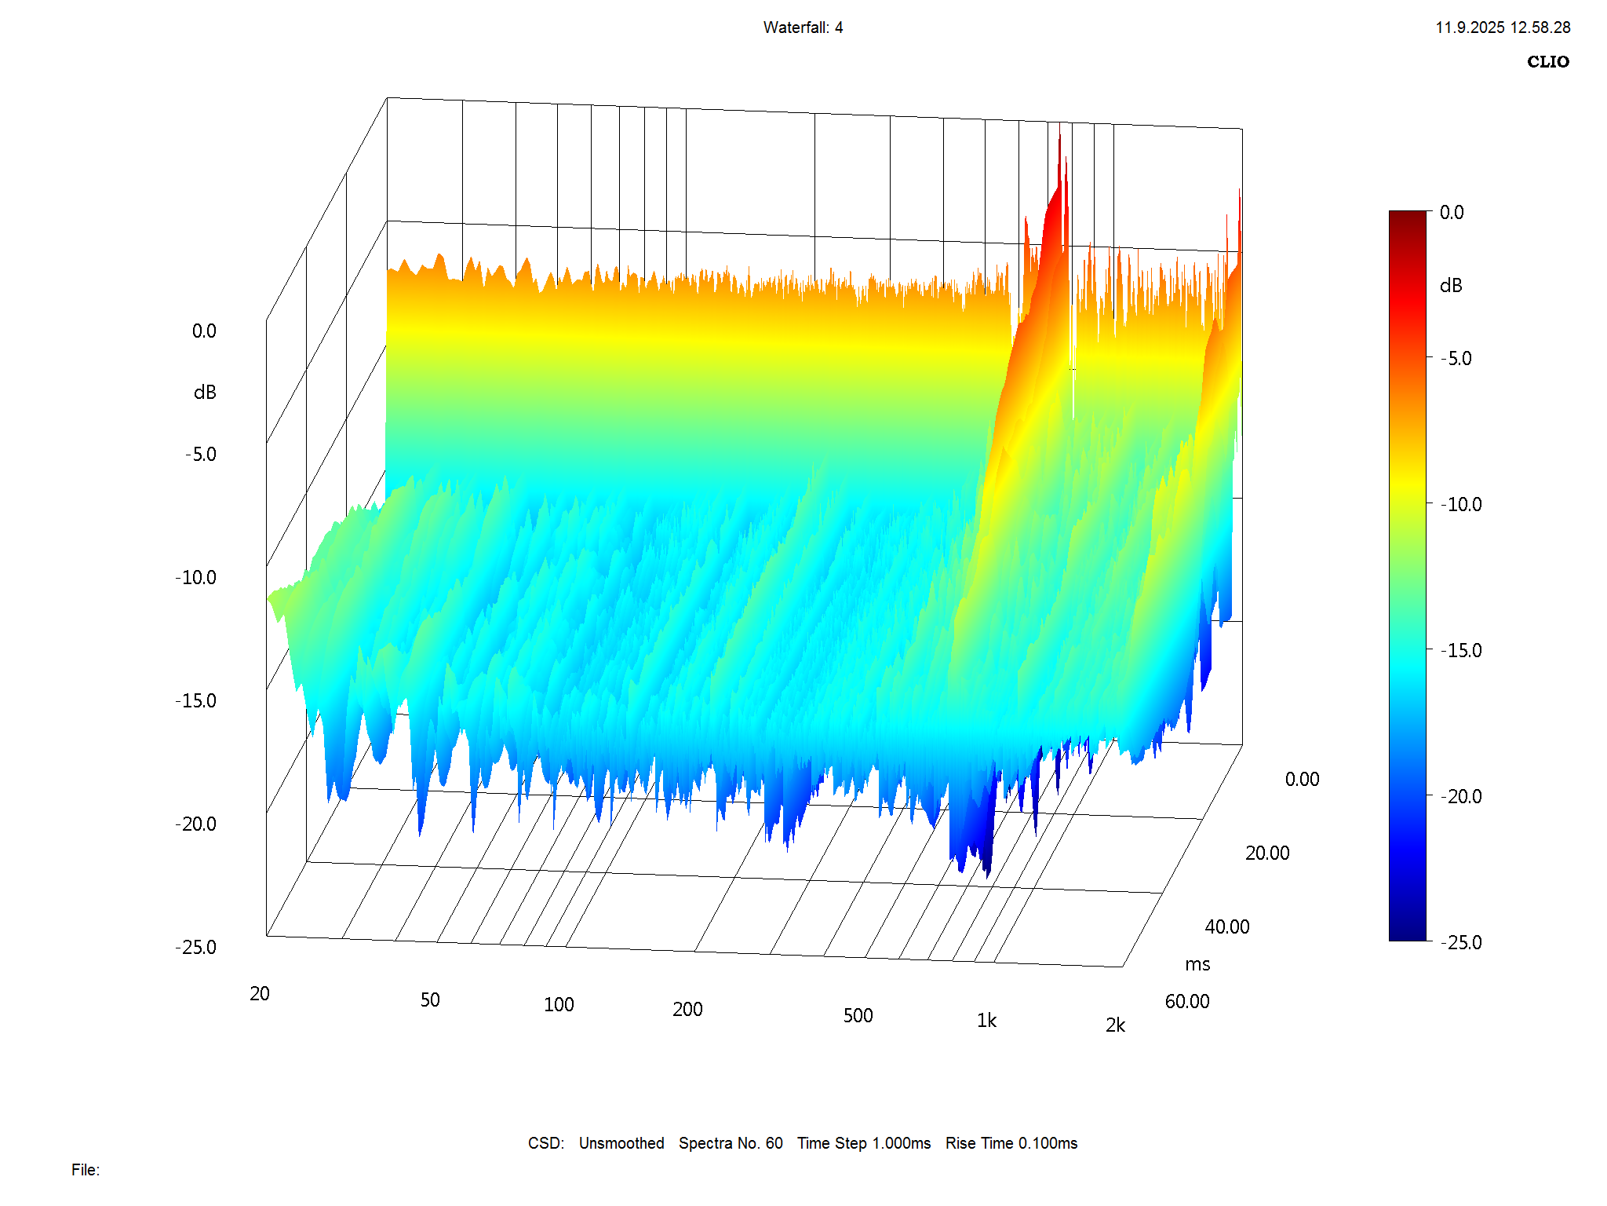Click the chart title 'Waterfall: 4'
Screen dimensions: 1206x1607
(x=803, y=27)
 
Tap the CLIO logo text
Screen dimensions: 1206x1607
(x=1547, y=62)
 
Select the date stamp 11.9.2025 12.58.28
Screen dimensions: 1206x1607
(x=1503, y=27)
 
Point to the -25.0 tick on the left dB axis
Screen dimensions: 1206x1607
(x=196, y=947)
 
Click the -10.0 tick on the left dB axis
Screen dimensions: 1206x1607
(x=196, y=577)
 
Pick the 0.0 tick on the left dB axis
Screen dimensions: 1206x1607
(x=204, y=331)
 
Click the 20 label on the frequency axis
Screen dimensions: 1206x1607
(x=260, y=993)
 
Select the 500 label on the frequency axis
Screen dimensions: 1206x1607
(x=858, y=1015)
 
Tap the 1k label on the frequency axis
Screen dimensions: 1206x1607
(x=986, y=1020)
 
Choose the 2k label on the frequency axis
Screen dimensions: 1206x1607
(x=1115, y=1025)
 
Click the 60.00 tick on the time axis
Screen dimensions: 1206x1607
(x=1187, y=1001)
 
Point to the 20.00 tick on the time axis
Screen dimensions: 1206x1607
(x=1267, y=853)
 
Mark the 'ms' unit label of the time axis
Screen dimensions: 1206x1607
(x=1197, y=964)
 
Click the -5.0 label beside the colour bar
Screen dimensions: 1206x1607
(x=1456, y=358)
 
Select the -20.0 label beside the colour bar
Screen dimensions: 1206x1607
(x=1462, y=796)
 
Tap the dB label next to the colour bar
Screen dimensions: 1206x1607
(x=1451, y=286)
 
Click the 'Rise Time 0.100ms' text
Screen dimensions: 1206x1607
(x=1011, y=1143)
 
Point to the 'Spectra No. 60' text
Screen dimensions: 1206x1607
(x=731, y=1143)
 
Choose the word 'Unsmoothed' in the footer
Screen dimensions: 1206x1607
(x=621, y=1143)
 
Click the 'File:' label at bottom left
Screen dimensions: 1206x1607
(x=86, y=1170)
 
